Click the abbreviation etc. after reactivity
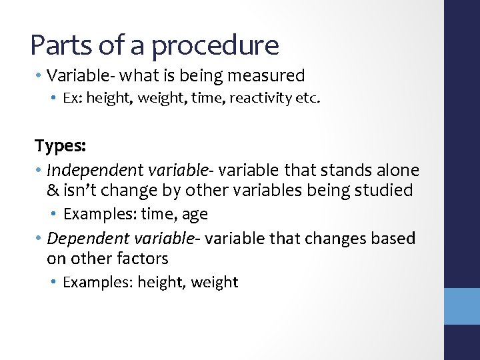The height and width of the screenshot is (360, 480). [309, 99]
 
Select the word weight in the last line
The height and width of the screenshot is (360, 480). [214, 282]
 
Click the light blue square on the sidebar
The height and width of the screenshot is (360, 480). [462, 306]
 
